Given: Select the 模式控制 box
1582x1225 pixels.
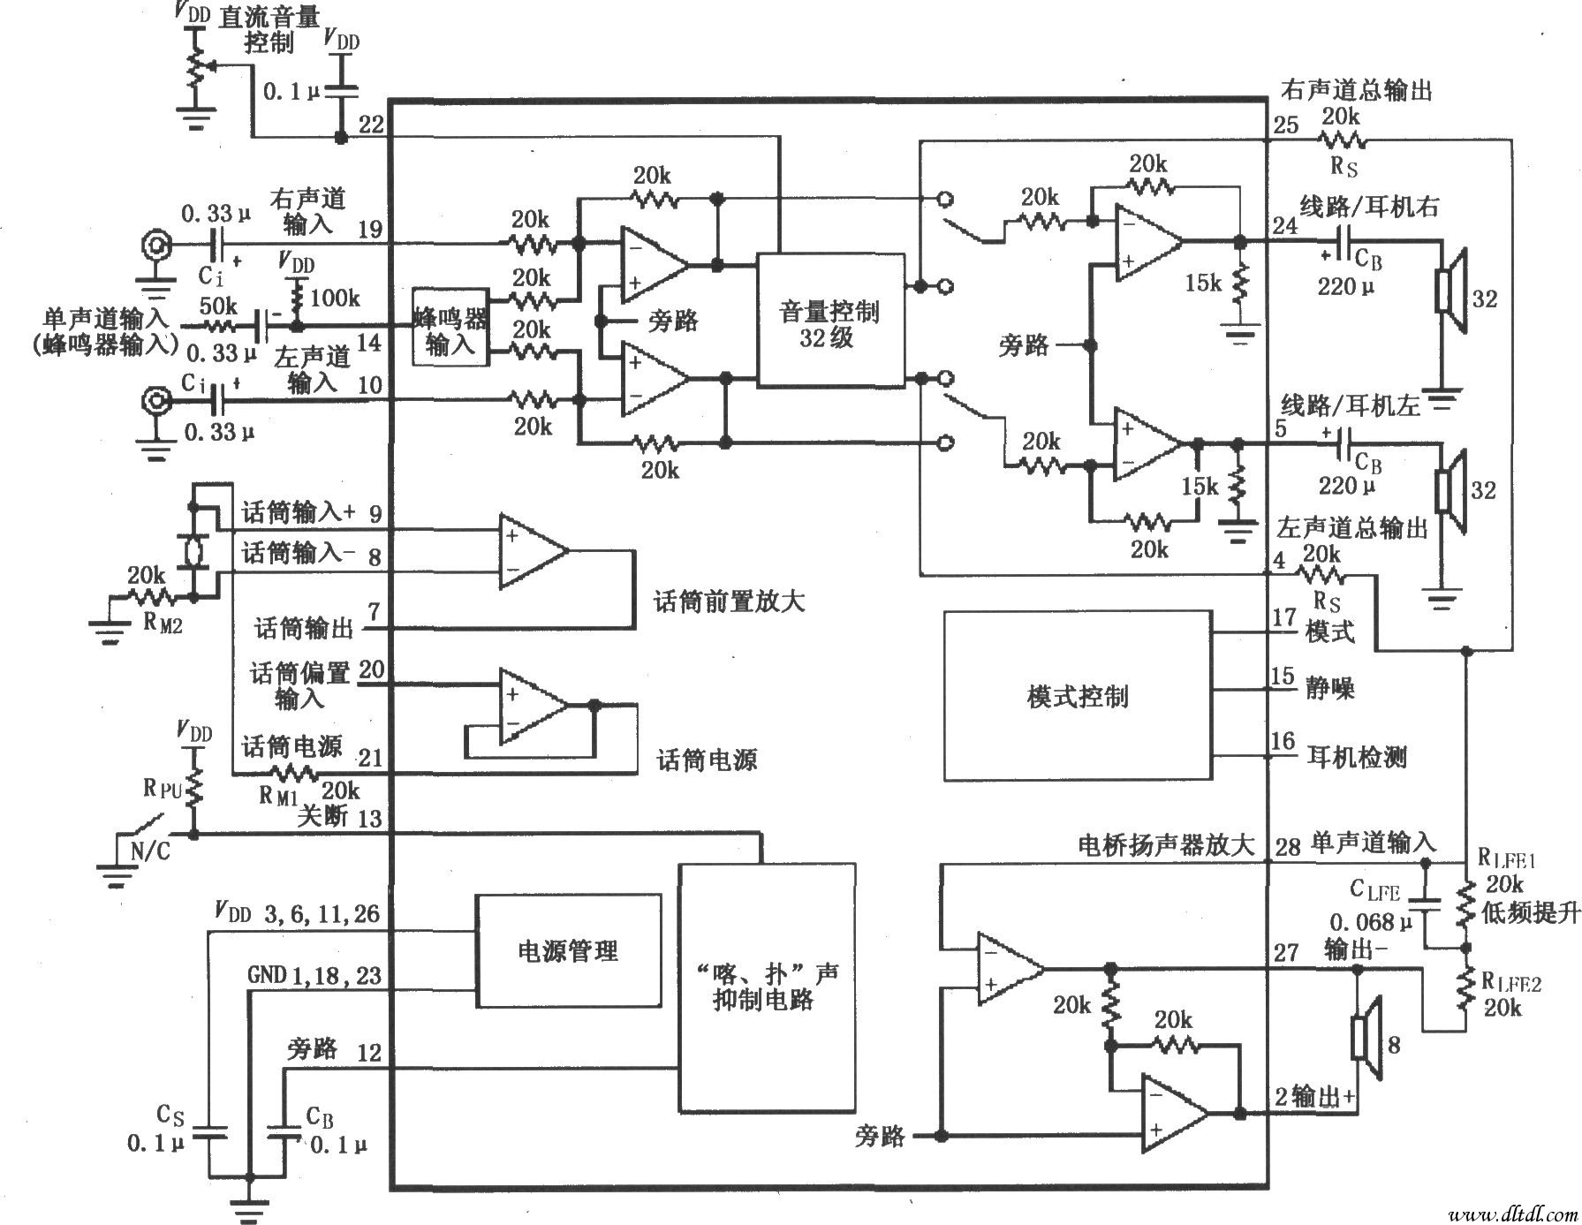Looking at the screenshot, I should coord(1077,697).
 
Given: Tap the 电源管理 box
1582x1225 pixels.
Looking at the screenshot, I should coord(567,951).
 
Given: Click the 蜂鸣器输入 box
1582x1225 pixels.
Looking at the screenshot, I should coord(450,327).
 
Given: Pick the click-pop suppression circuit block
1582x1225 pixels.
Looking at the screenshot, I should coord(766,987).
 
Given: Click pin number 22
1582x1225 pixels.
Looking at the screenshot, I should coord(372,125).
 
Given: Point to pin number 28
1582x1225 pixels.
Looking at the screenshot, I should coord(1288,846).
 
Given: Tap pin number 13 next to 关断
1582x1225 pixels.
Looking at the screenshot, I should coord(370,818).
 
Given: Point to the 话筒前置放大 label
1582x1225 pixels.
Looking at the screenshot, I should coord(729,602).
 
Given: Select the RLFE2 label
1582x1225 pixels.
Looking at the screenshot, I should coord(1510,982).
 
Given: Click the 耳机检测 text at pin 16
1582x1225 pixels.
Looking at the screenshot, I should coord(1355,757).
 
